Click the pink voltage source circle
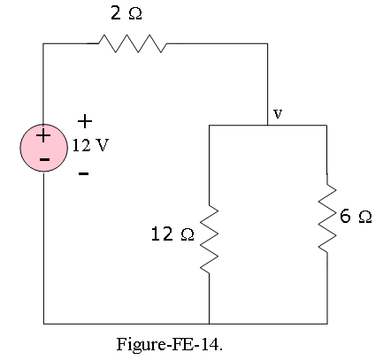pyautogui.click(x=43, y=148)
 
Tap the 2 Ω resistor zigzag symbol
pyautogui.click(x=133, y=43)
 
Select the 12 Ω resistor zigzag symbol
pyautogui.click(x=209, y=239)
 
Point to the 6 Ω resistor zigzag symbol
pyautogui.click(x=327, y=218)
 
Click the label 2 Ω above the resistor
pyautogui.click(x=126, y=13)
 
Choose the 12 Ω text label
pyautogui.click(x=172, y=234)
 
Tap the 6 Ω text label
pyautogui.click(x=356, y=216)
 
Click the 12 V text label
pyautogui.click(x=90, y=145)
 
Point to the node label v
pyautogui.click(x=278, y=113)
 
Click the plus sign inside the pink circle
pyautogui.click(x=43, y=136)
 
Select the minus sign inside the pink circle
pyautogui.click(x=44, y=160)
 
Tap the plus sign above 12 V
pyautogui.click(x=85, y=121)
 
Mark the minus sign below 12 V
pyautogui.click(x=84, y=173)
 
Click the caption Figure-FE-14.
pyautogui.click(x=170, y=344)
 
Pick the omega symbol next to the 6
pyautogui.click(x=365, y=218)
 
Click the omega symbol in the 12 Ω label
pyautogui.click(x=188, y=235)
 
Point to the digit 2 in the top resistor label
pyautogui.click(x=116, y=13)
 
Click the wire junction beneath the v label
pyautogui.click(x=268, y=126)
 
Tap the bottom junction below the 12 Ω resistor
pyautogui.click(x=209, y=324)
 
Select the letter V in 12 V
pyautogui.click(x=103, y=145)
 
